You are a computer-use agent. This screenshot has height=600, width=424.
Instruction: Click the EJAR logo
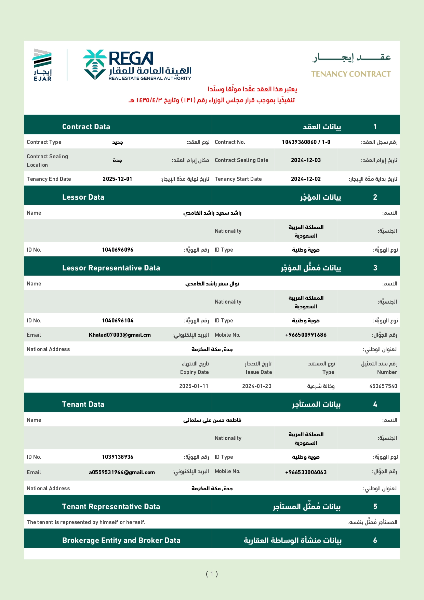42,65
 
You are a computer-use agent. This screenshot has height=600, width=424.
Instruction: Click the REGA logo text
131,58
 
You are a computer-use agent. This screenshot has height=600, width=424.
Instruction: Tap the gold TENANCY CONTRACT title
351,74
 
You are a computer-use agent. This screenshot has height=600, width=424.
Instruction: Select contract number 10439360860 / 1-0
306,142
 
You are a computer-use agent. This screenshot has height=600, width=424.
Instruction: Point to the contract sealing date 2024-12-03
306,160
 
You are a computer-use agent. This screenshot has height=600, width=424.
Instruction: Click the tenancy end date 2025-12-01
117,179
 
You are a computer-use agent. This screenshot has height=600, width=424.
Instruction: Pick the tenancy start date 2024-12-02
306,179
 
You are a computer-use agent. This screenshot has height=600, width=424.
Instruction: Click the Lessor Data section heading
83,197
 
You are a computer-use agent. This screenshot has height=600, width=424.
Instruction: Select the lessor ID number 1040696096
118,250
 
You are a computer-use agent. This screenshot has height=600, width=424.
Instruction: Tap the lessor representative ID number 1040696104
118,320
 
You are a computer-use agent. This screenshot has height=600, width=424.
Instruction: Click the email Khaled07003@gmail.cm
120,335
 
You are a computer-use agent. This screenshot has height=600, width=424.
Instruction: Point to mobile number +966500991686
306,335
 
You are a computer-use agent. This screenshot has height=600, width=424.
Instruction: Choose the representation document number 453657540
383,386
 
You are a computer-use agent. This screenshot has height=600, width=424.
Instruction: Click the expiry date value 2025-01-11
194,386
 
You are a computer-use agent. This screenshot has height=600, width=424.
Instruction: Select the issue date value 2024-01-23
257,386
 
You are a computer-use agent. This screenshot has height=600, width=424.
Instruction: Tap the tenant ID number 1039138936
118,457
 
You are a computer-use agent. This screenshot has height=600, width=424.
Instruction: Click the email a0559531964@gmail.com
122,472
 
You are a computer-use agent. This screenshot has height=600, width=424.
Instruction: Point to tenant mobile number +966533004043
306,472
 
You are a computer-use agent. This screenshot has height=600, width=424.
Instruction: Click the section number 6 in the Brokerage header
375,540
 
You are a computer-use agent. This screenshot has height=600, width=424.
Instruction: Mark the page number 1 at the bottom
212,574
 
